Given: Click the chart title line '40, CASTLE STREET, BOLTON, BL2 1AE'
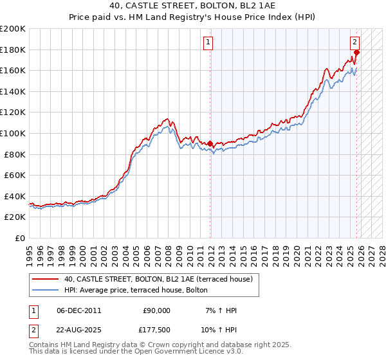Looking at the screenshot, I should pyautogui.click(x=193, y=7).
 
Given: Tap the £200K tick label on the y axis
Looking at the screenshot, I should pyautogui.click(x=13, y=29).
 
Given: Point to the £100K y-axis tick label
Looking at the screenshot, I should pyautogui.click(x=13, y=133).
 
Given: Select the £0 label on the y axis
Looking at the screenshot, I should pyautogui.click(x=19, y=238).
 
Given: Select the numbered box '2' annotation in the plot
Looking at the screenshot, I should pyautogui.click(x=354, y=43).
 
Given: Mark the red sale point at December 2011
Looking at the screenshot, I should pyautogui.click(x=210, y=143).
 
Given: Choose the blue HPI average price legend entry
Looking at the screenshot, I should pyautogui.click(x=136, y=290).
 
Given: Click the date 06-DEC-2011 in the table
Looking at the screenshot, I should pyautogui.click(x=78, y=310).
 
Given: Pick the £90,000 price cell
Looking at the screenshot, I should pyautogui.click(x=156, y=310).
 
